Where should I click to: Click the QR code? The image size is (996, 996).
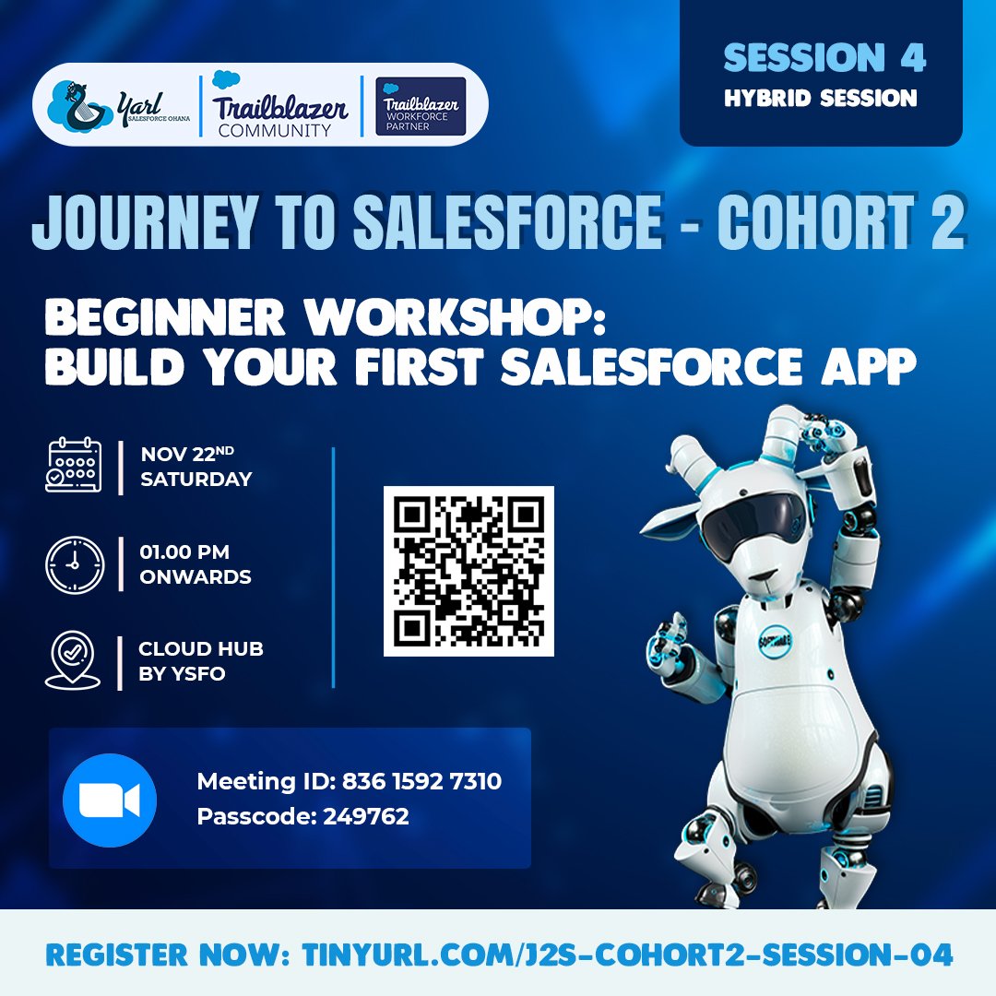click(x=468, y=571)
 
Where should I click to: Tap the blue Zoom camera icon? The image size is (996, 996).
click(x=110, y=800)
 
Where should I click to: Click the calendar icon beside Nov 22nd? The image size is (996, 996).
click(x=74, y=467)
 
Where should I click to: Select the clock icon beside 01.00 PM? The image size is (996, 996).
click(x=74, y=563)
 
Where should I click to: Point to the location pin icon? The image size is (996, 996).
click(x=73, y=660)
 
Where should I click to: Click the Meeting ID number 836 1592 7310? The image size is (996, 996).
click(x=421, y=782)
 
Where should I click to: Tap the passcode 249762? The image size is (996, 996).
click(x=365, y=816)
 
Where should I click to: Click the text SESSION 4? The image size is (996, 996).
click(x=824, y=58)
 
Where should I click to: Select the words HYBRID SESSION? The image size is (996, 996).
click(x=821, y=98)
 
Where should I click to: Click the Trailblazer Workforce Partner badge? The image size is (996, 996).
click(x=421, y=106)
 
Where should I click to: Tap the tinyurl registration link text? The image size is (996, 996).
click(x=627, y=954)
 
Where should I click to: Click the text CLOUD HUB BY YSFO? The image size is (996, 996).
click(x=201, y=660)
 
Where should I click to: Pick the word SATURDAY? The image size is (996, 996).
click(x=196, y=479)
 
